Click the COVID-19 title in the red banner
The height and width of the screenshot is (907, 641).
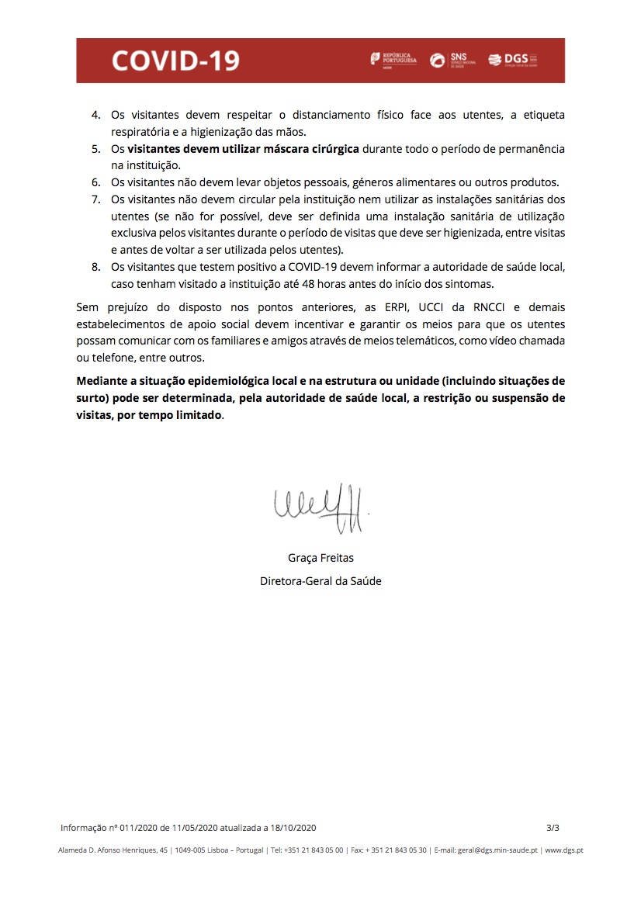click(175, 61)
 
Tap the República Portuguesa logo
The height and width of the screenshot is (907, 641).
click(393, 60)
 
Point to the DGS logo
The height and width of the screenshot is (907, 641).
click(512, 60)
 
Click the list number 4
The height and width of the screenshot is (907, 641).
click(96, 115)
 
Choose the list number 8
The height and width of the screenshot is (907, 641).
click(96, 267)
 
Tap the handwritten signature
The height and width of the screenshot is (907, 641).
click(320, 508)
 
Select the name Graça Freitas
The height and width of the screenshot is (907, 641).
click(320, 557)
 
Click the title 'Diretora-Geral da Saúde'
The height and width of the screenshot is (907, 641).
click(320, 580)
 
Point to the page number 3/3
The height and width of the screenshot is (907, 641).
click(553, 828)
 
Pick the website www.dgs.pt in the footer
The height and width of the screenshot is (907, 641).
click(564, 850)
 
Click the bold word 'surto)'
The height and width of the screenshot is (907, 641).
click(93, 398)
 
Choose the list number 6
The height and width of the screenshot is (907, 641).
click(96, 182)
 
